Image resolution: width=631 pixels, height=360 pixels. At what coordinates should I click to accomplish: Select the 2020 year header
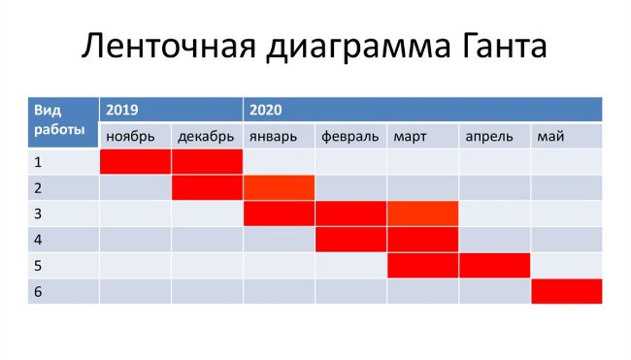click(264, 110)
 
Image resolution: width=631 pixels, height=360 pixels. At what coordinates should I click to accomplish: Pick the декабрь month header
click(206, 136)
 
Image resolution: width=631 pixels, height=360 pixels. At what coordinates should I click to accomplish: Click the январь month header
click(273, 136)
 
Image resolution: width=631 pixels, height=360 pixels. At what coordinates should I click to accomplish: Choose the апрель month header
click(489, 136)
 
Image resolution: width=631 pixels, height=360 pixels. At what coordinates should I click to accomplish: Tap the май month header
click(550, 136)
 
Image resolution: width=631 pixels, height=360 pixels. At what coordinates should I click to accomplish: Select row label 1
click(38, 162)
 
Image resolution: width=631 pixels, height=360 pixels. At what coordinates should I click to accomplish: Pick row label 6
click(38, 291)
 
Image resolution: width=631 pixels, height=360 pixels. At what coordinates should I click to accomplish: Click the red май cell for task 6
click(566, 291)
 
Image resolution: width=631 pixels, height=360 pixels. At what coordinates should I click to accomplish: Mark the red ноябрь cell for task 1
click(136, 162)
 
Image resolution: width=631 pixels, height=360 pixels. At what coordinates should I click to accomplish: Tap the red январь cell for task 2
click(279, 187)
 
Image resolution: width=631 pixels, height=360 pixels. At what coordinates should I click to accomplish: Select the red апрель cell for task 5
click(494, 265)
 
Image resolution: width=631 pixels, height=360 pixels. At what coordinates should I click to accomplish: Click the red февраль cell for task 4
click(350, 239)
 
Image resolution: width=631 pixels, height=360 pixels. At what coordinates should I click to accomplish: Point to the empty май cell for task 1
click(566, 162)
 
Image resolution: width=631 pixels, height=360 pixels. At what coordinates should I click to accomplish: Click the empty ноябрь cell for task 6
click(136, 291)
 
